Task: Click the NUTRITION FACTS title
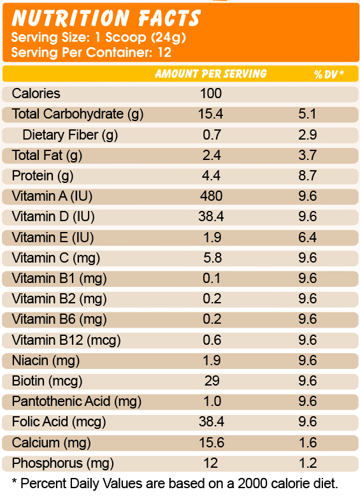pyautogui.click(x=106, y=18)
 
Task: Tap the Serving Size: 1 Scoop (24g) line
pyautogui.click(x=99, y=38)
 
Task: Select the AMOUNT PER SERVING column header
pyautogui.click(x=211, y=74)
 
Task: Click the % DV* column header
pyautogui.click(x=329, y=74)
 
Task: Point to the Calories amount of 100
pyautogui.click(x=211, y=94)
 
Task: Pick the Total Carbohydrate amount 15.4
pyautogui.click(x=211, y=114)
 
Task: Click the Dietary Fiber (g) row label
pyautogui.click(x=70, y=135)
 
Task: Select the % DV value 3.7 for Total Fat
pyautogui.click(x=308, y=155)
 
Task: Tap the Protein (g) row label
pyautogui.click(x=43, y=176)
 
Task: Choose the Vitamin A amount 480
pyautogui.click(x=211, y=196)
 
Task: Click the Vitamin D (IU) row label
pyautogui.click(x=53, y=217)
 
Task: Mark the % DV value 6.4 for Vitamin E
pyautogui.click(x=308, y=238)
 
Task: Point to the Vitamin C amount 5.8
pyautogui.click(x=212, y=257)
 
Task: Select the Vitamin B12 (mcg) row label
pyautogui.click(x=66, y=340)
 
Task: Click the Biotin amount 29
pyautogui.click(x=212, y=381)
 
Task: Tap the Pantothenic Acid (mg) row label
pyautogui.click(x=76, y=401)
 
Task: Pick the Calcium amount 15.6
pyautogui.click(x=212, y=443)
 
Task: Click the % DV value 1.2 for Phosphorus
pyautogui.click(x=308, y=463)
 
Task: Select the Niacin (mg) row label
pyautogui.click(x=46, y=361)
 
